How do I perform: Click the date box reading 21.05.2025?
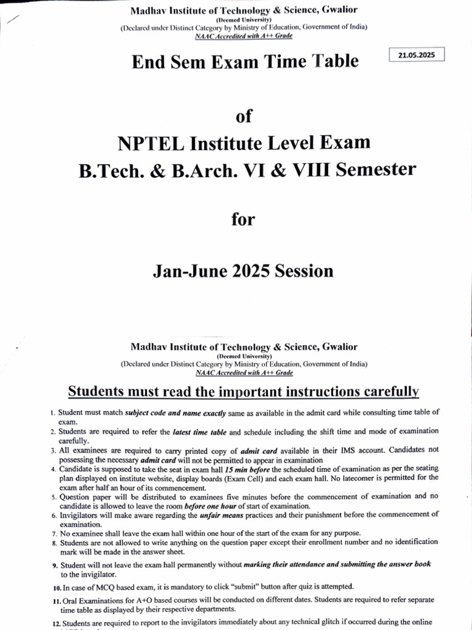point(417,55)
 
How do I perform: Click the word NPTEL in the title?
point(156,143)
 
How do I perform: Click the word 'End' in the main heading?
point(151,62)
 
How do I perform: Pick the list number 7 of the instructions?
point(54,533)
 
